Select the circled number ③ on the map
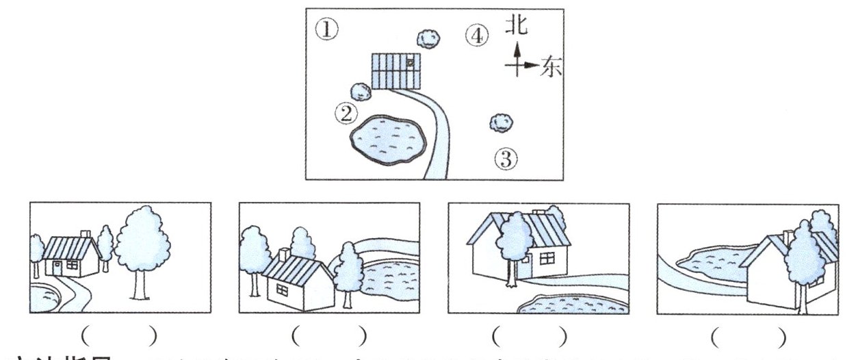pyautogui.click(x=506, y=160)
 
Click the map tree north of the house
pyautogui.click(x=429, y=38)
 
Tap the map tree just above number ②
pyautogui.click(x=359, y=90)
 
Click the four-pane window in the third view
pyautogui.click(x=546, y=259)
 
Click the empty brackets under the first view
pyautogui.click(x=119, y=336)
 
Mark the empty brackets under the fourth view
pyautogui.click(x=748, y=336)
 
